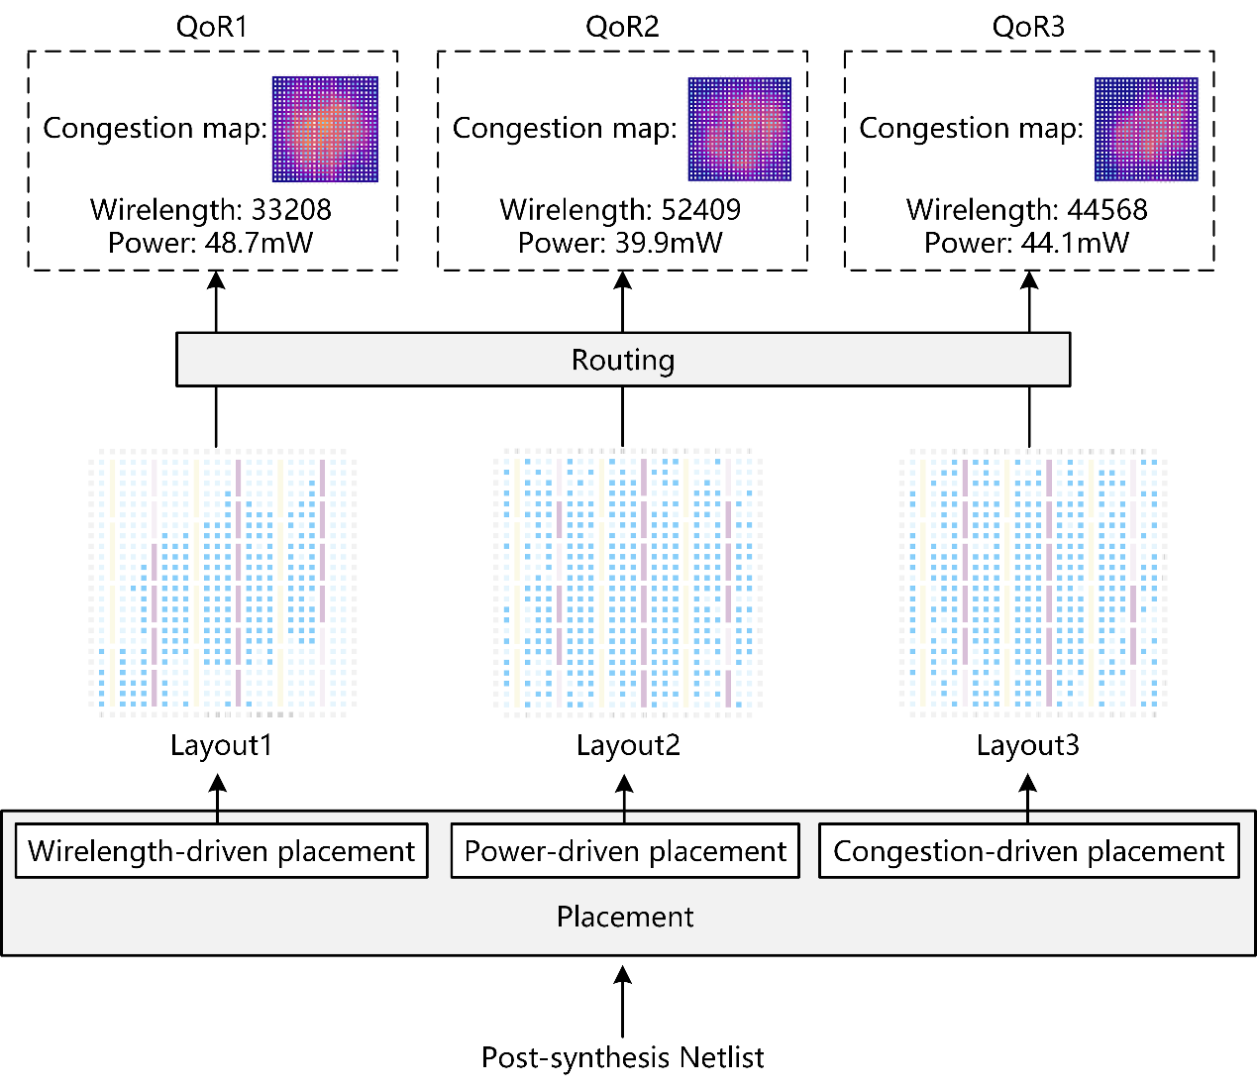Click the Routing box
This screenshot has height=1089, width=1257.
pos(622,360)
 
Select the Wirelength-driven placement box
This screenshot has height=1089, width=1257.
pos(221,851)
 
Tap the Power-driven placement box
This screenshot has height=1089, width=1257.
pos(625,851)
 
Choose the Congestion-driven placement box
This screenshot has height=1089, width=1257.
pos(1028,851)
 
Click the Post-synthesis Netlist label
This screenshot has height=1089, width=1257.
pos(622,1058)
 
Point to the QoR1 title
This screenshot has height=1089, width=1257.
pos(211,27)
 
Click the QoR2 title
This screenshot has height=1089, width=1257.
pos(622,27)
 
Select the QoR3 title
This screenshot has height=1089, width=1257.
pos(1028,27)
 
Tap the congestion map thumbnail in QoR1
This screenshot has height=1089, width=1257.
pos(325,129)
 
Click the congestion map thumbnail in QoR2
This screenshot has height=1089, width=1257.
pos(740,129)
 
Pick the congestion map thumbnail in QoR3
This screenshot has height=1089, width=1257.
pos(1146,129)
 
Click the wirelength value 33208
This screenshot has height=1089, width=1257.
pos(291,210)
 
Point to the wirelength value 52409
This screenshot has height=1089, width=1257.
pos(700,210)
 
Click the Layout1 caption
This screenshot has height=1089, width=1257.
pos(220,745)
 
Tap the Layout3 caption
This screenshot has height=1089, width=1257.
pos(1027,745)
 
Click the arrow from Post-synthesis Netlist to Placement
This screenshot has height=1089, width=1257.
pos(622,1003)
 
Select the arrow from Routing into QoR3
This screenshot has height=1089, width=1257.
pos(1029,301)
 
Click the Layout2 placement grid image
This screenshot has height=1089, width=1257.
pos(626,581)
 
